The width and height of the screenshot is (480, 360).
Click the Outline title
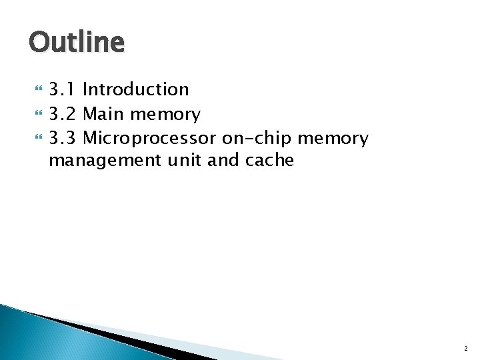point(76,43)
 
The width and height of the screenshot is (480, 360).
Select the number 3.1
point(63,89)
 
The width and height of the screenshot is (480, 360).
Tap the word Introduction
point(136,89)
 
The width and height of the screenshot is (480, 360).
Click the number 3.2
point(63,115)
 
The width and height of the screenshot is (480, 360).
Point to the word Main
point(104,115)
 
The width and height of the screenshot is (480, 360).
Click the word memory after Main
point(165,115)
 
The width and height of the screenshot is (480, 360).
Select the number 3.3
point(63,139)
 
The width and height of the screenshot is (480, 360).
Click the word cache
point(269,161)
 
